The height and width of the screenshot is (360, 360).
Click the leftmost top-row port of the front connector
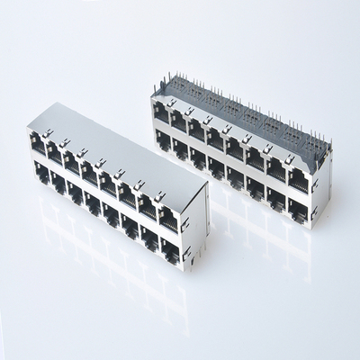click(39, 144)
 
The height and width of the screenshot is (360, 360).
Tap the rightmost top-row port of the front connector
click(168, 217)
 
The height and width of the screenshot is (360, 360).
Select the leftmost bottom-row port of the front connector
click(40, 174)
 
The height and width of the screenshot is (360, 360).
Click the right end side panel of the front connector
click(195, 225)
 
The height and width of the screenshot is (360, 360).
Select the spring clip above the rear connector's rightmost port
click(291, 160)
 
